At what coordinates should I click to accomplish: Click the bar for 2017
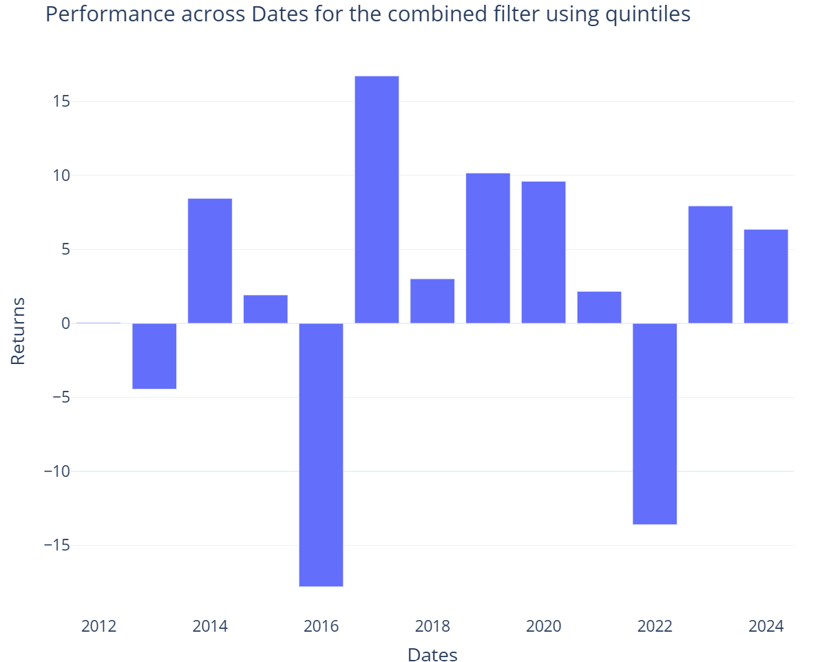point(377,200)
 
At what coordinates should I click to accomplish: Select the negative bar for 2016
point(321,455)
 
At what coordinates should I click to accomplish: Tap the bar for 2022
point(655,424)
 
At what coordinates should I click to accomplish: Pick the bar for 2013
point(154,356)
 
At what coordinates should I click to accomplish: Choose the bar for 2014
point(210,261)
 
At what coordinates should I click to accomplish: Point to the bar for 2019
point(487,248)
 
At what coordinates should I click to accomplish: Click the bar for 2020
point(543,253)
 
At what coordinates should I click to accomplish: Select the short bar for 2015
point(265,309)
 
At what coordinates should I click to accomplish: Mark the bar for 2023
point(710,265)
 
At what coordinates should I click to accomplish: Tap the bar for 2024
point(766,277)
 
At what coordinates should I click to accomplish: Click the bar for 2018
point(432,301)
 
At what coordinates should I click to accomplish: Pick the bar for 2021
point(599,308)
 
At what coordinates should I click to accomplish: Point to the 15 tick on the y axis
point(61,102)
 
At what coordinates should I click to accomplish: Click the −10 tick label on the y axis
point(57,471)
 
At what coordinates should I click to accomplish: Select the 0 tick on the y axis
point(65,323)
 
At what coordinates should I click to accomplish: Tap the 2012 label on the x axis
point(98,626)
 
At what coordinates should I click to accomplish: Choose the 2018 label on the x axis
point(432,626)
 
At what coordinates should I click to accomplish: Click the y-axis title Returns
point(18,331)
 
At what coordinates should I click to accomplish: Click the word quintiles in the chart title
point(648,14)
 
